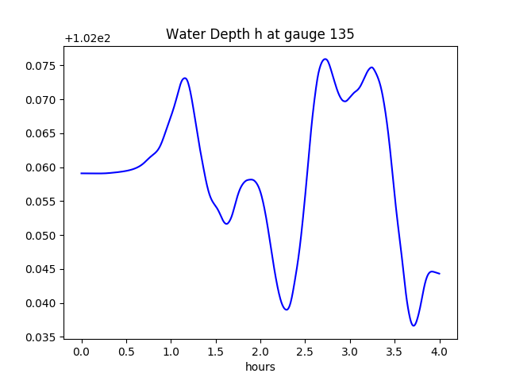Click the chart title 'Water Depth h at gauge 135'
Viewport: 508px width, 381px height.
point(260,34)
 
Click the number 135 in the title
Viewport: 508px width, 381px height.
point(343,34)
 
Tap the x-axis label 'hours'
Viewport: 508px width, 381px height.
point(260,367)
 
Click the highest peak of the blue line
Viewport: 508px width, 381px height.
point(325,59)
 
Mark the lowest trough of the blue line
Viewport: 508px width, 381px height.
point(414,325)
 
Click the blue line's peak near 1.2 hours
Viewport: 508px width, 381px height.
point(185,78)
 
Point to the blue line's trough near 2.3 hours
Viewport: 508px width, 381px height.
point(287,310)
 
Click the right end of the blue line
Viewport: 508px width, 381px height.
point(440,274)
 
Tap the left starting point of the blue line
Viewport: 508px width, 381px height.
point(82,173)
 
